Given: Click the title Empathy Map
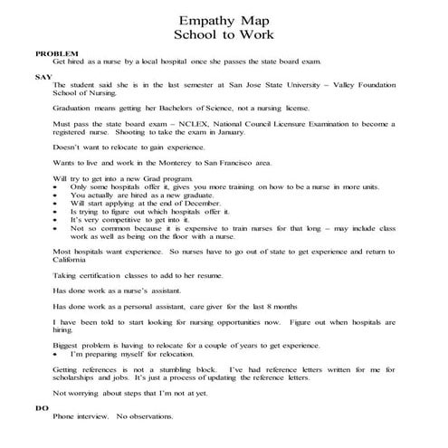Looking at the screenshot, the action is point(224,20).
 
